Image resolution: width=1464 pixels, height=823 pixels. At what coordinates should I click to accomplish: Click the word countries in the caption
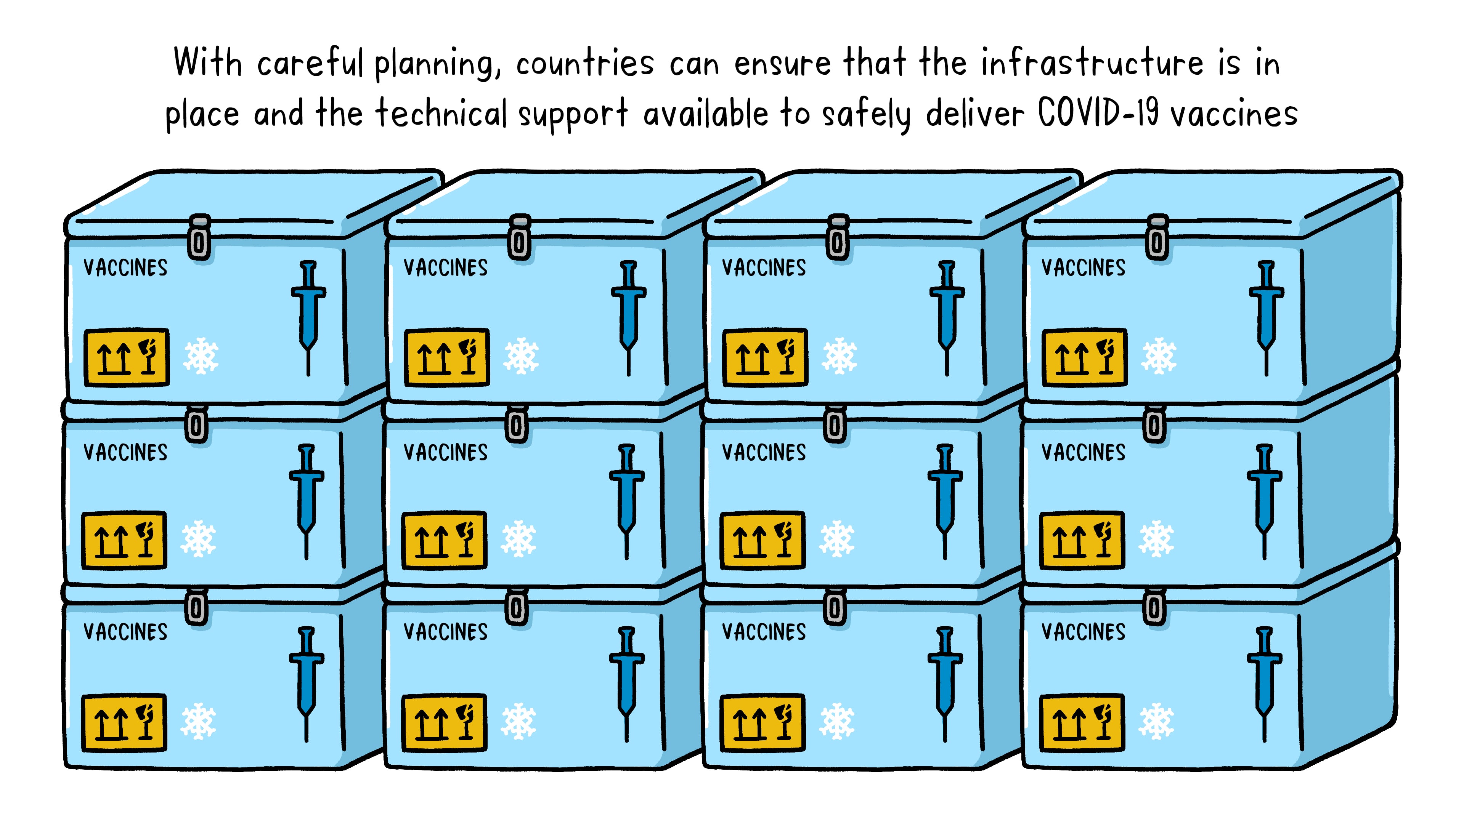click(585, 64)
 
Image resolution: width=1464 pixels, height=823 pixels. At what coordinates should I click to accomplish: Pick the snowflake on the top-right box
click(1159, 357)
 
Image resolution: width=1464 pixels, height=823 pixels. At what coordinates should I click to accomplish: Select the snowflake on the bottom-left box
click(198, 721)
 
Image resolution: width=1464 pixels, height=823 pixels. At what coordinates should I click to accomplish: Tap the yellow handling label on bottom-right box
click(1082, 722)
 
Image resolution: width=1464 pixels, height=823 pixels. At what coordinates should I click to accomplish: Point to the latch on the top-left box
click(199, 239)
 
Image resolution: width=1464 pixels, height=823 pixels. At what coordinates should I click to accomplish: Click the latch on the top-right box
click(1157, 239)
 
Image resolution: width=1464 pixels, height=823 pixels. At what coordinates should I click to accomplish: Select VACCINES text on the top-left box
click(125, 267)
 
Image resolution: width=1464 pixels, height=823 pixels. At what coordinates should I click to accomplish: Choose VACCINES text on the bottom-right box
click(1083, 632)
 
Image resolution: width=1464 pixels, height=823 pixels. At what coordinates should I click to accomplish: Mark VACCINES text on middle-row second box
click(446, 453)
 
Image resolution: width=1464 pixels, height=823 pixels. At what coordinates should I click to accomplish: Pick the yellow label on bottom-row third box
click(762, 722)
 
